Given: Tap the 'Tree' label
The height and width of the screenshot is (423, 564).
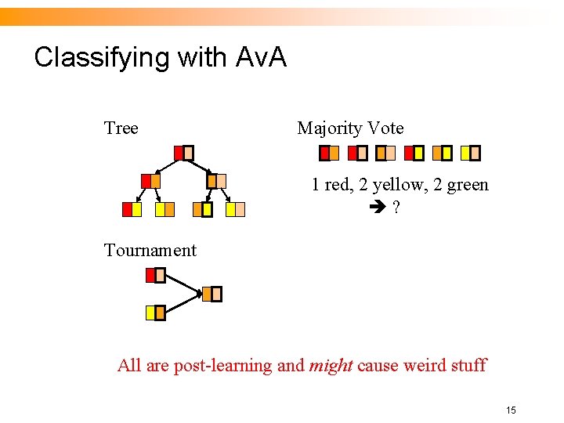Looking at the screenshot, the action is (121, 128).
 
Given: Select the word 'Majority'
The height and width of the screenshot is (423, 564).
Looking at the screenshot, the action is (330, 128).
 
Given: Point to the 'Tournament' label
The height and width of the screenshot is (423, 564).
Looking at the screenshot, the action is (150, 250).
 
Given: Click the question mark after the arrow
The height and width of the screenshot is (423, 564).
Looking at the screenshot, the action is (397, 208).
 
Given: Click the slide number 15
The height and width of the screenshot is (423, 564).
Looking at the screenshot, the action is (511, 410).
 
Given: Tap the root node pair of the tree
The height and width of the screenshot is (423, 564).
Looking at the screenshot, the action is (183, 153).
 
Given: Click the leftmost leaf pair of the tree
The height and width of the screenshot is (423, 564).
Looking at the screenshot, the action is (132, 209).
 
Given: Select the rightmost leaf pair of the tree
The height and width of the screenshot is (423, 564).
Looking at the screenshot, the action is (235, 209).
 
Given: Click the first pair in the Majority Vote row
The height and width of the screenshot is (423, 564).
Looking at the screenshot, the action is (329, 153).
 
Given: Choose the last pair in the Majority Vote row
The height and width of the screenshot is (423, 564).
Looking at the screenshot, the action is (470, 153).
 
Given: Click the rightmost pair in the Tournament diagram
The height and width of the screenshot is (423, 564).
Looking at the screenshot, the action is (211, 294).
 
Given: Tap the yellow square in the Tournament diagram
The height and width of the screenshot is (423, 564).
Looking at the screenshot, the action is (151, 313).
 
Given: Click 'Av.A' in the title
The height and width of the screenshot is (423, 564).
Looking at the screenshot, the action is (261, 57).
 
